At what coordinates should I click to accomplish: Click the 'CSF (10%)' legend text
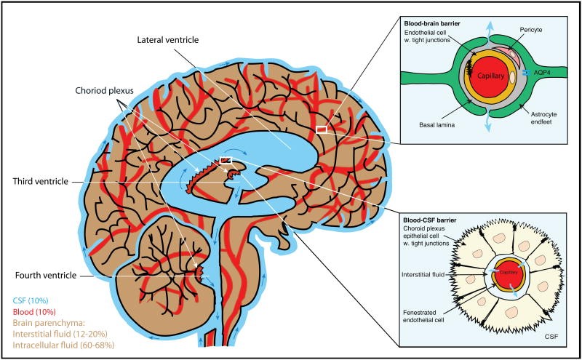[x=31, y=299]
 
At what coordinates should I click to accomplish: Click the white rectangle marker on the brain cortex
[x=321, y=129]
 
